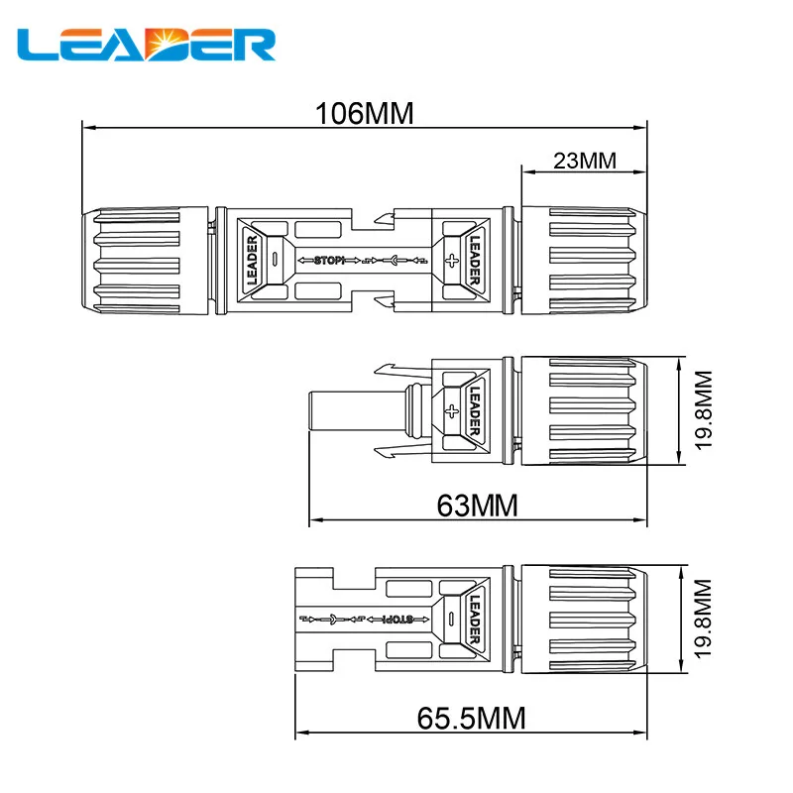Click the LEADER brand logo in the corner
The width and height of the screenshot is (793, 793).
point(148,45)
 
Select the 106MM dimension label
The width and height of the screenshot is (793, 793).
point(364,113)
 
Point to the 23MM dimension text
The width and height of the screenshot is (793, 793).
point(585,160)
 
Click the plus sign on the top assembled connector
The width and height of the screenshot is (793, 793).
point(452,261)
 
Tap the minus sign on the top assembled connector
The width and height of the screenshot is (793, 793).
point(275,261)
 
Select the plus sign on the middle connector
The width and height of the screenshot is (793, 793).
point(451,410)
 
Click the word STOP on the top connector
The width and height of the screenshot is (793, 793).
point(328,261)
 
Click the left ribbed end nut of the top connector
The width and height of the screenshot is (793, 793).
point(144,261)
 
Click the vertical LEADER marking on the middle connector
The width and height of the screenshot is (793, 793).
point(474,410)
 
